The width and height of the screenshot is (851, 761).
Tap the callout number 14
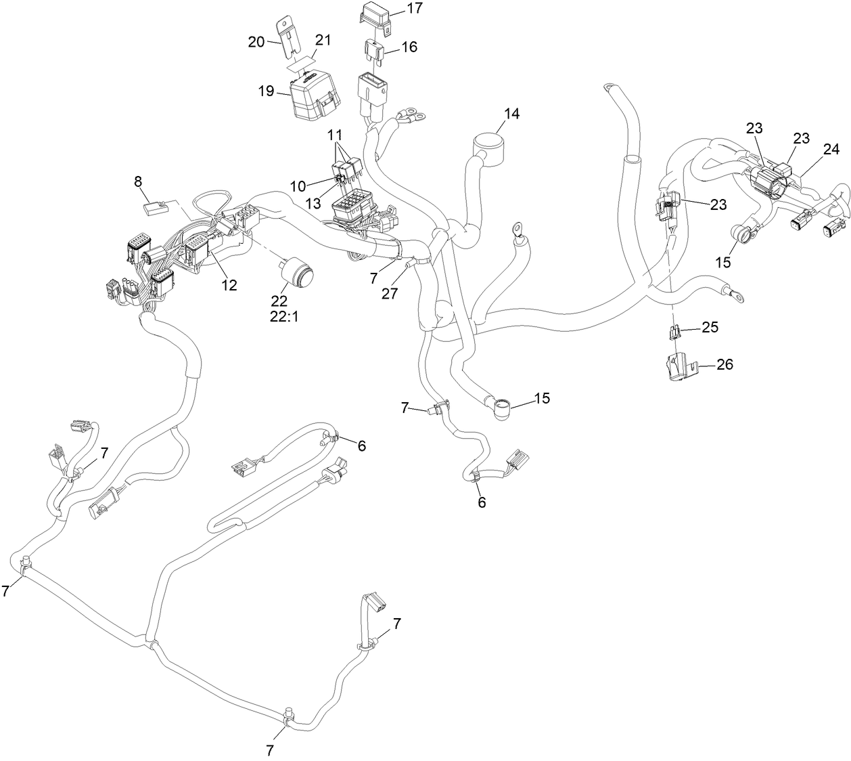click(511, 114)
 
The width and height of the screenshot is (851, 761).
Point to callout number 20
click(256, 42)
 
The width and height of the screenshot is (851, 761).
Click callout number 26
click(724, 365)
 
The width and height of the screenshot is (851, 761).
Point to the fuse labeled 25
click(674, 332)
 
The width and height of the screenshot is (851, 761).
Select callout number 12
click(229, 286)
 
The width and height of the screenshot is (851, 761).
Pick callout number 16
click(409, 47)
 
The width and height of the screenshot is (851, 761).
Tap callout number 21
click(323, 40)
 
